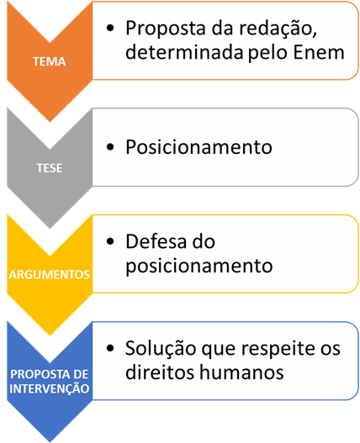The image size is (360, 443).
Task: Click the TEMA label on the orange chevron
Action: point(50,61)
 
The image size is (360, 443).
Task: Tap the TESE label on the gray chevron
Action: point(50,168)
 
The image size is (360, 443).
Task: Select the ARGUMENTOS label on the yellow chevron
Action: point(50,275)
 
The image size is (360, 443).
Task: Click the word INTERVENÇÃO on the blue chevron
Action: point(50,388)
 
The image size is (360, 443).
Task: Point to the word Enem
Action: point(319,53)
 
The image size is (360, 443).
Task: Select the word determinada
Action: point(185,52)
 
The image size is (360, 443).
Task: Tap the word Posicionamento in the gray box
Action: point(199,147)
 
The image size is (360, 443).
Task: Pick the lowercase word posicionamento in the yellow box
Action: point(199,266)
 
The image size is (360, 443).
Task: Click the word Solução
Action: point(161,349)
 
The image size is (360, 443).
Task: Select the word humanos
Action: point(241,372)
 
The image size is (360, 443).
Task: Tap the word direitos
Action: point(161,372)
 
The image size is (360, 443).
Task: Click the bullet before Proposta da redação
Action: point(110,28)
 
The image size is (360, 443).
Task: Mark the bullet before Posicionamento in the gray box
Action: point(110,147)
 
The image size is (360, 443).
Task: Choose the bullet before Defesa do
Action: point(110,241)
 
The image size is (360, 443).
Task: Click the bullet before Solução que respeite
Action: point(110,348)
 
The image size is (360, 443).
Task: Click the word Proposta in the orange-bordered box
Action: point(166,29)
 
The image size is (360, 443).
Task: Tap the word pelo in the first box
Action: point(269,53)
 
